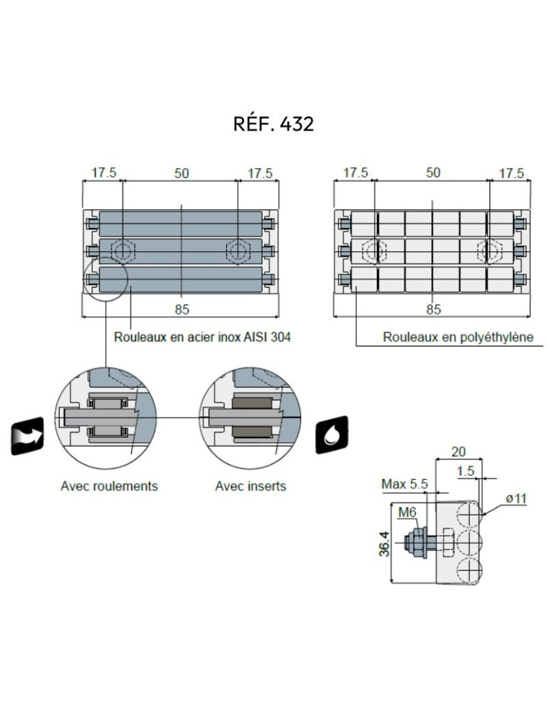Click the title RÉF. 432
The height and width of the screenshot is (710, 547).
coord(273,124)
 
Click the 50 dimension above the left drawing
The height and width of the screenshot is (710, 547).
coord(182,173)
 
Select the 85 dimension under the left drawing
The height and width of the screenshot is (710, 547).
coord(182,309)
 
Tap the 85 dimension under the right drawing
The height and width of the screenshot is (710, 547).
coord(433,309)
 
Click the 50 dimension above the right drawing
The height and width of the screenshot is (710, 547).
coord(433,173)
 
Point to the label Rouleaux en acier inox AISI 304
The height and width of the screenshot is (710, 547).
coord(202,338)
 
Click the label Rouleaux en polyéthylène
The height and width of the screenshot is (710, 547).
coord(458,338)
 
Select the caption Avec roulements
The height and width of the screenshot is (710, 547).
coord(109,486)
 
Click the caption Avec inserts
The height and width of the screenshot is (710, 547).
coord(250,486)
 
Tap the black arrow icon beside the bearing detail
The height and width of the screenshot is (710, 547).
coord(28,437)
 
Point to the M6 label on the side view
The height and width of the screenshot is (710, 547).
coord(408,512)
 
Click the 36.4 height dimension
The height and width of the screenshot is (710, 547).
coord(385,543)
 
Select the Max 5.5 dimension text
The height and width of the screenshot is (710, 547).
coord(405,484)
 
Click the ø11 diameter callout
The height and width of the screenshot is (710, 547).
coord(516,499)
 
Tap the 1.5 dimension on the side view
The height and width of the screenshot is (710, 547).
coord(465,471)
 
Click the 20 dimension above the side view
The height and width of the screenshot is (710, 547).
coord(458,452)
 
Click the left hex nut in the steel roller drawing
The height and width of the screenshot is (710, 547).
coord(123,250)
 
